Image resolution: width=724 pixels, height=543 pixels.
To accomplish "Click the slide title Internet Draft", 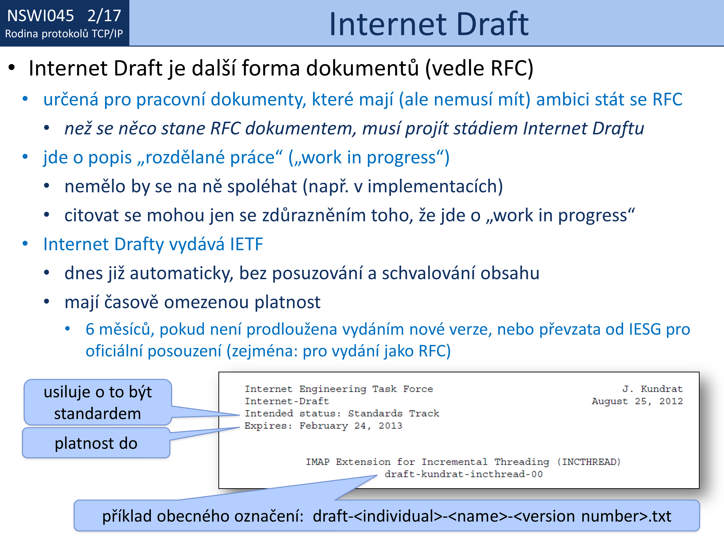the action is click(x=429, y=24).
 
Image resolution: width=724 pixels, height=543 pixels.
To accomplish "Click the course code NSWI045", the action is click(x=41, y=16).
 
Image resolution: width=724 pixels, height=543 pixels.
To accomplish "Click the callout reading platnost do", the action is click(x=96, y=443).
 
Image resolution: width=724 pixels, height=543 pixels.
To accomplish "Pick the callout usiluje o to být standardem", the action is click(x=98, y=402).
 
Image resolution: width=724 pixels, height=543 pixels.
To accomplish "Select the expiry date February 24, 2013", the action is click(x=351, y=425).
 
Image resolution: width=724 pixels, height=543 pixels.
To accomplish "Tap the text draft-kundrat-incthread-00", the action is click(x=463, y=474).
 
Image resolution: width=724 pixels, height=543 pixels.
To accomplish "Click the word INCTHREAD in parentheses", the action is click(x=589, y=462).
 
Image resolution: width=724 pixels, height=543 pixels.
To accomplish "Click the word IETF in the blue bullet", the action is click(x=246, y=244).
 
